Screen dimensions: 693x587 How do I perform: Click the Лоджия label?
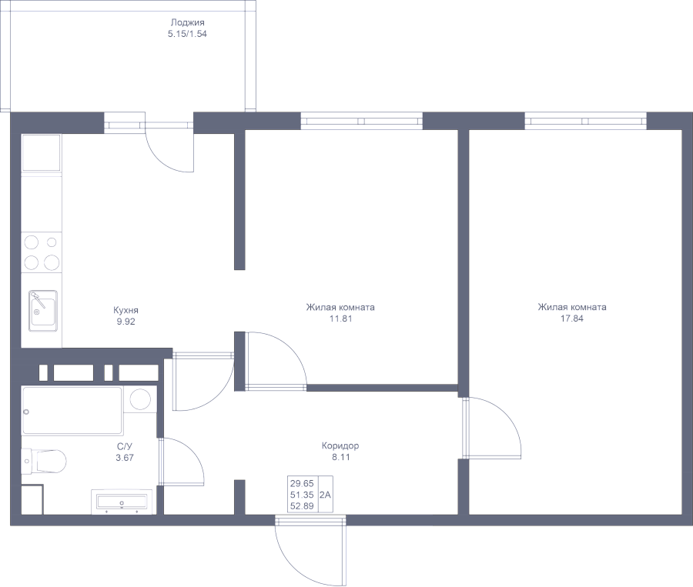pos(187,22)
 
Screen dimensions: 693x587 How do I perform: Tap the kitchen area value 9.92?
pos(126,322)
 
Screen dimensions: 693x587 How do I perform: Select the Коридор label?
pos(340,445)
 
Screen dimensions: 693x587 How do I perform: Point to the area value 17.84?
pos(572,319)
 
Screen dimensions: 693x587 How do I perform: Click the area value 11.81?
pos(341,319)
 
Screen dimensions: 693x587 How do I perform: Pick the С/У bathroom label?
pos(125,446)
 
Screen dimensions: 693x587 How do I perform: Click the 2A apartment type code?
pos(325,495)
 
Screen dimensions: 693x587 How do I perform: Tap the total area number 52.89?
pos(302,506)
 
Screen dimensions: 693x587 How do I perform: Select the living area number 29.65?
pos(302,483)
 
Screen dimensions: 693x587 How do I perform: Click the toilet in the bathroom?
pos(44,461)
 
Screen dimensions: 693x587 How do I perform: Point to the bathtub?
pos(72,411)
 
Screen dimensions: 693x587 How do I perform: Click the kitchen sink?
pos(43,311)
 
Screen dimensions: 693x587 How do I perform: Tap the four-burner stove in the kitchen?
pos(42,252)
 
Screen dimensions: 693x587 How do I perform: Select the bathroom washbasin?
pos(122,502)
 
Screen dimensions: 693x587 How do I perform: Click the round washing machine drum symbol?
pos(141,399)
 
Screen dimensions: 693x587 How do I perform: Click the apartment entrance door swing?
pos(310,550)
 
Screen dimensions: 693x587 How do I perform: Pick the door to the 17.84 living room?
pos(491,428)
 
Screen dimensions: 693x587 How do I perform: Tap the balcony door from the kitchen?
pos(169,147)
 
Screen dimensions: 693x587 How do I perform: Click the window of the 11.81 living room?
pos(362,121)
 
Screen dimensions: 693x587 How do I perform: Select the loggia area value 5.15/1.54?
pos(187,34)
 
